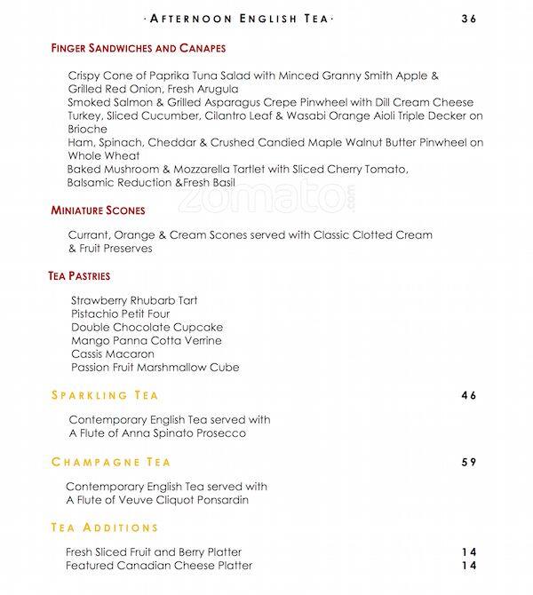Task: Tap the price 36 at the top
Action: pos(469,19)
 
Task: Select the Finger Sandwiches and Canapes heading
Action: pos(139,48)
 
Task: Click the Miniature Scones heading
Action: pos(98,210)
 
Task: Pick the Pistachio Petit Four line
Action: pos(121,313)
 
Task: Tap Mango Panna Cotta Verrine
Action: pos(147,340)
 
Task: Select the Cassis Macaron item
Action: pos(113,353)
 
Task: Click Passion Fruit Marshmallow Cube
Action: pos(155,367)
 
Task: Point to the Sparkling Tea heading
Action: pos(105,395)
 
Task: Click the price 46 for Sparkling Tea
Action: pos(469,395)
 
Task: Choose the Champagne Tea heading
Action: pos(111,462)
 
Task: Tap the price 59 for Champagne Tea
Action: pos(469,462)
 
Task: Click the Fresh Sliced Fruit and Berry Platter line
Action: pos(154,552)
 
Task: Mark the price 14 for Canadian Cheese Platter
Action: pos(469,566)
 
